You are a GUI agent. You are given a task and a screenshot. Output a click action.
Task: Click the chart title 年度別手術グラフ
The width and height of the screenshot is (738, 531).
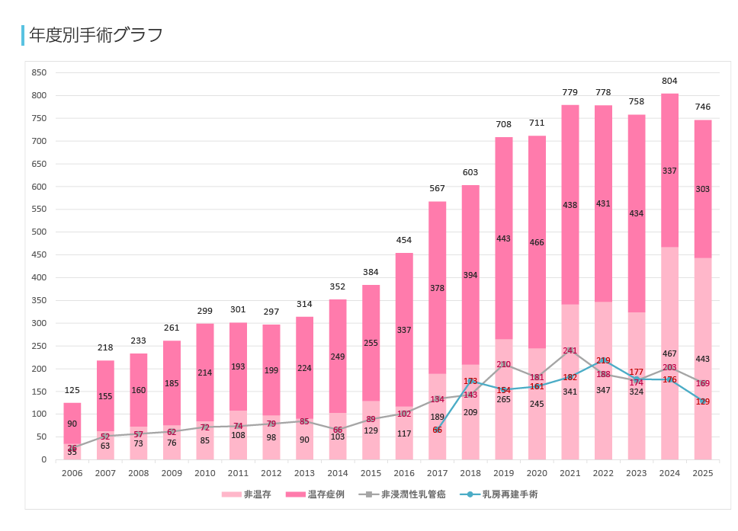(95, 35)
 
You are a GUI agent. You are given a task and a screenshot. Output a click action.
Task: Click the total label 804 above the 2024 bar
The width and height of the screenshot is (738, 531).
(669, 81)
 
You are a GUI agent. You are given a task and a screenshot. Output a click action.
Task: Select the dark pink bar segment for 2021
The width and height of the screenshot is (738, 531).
(570, 204)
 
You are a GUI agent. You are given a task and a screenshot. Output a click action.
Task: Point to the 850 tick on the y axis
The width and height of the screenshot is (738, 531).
(38, 72)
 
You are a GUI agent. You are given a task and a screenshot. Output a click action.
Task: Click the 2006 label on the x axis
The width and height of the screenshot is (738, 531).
(72, 473)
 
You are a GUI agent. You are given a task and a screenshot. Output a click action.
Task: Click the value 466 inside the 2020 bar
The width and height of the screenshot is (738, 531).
(537, 242)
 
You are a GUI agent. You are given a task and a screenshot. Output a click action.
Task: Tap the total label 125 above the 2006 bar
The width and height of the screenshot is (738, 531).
(72, 390)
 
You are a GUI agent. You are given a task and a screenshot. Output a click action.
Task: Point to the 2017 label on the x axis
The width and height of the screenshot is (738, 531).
(438, 473)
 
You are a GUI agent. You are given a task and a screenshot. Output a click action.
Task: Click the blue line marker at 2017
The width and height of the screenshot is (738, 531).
(438, 430)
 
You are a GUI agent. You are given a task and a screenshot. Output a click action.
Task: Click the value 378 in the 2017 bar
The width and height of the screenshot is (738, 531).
(438, 288)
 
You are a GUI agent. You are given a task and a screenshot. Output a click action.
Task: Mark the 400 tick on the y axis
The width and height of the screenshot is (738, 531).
(38, 277)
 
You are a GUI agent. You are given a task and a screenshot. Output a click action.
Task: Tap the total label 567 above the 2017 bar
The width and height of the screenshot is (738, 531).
(438, 189)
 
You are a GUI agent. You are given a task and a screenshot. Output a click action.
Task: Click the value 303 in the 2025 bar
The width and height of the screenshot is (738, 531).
(702, 189)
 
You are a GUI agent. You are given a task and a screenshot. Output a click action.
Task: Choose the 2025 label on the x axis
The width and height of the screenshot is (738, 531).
(702, 473)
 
